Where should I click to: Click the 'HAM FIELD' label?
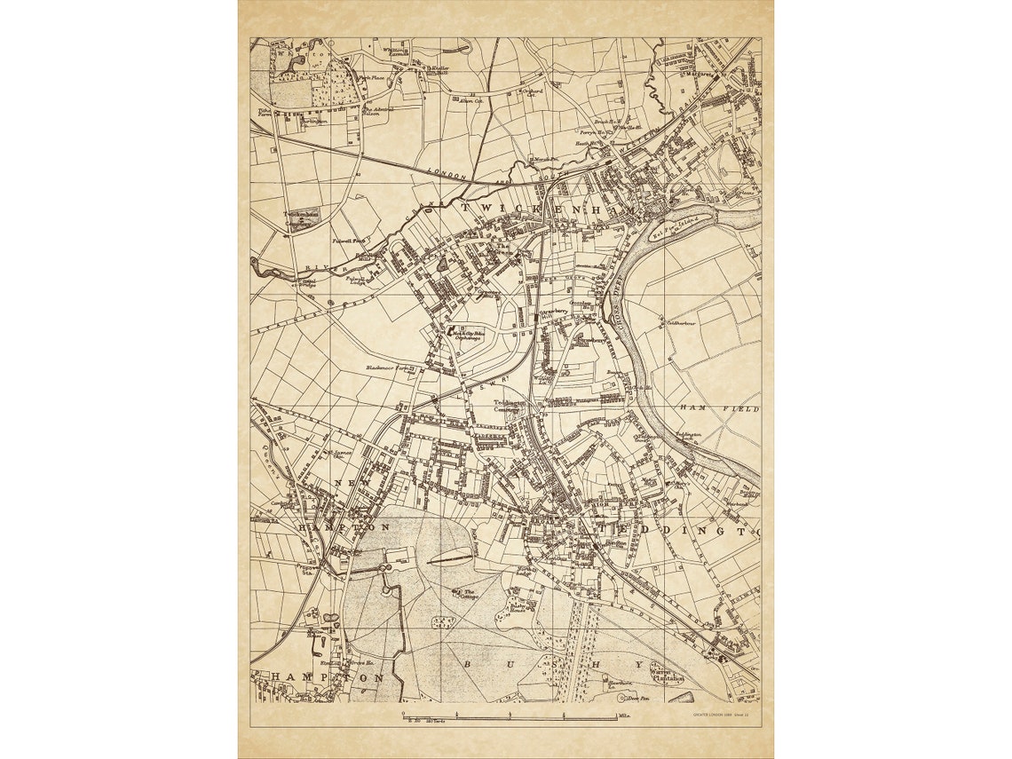[x=720, y=407]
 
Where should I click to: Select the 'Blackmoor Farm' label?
[x=391, y=368]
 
